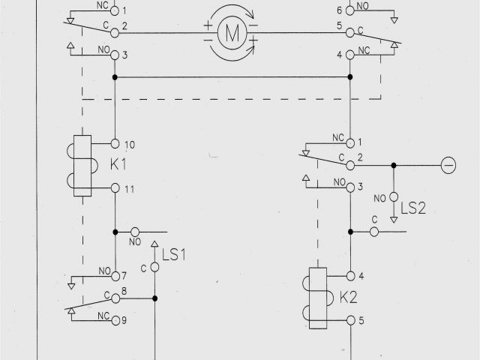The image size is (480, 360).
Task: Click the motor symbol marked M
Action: [x=232, y=32]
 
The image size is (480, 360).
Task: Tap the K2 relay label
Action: [x=348, y=298]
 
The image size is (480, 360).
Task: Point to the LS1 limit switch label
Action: [x=174, y=255]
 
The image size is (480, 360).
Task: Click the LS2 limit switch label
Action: [x=412, y=208]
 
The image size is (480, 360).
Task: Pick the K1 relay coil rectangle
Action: [x=82, y=166]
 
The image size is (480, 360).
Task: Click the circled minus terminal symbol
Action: [x=448, y=165]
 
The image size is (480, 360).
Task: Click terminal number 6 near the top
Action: [x=339, y=10]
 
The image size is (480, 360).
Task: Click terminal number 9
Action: [x=124, y=321]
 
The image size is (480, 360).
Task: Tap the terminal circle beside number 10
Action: [x=115, y=142]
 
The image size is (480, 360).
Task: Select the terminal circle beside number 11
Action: [x=115, y=188]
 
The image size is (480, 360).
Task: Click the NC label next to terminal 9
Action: [x=104, y=316]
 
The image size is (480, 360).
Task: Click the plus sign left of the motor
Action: [x=208, y=25]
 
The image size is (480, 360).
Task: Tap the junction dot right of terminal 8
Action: [x=155, y=298]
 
